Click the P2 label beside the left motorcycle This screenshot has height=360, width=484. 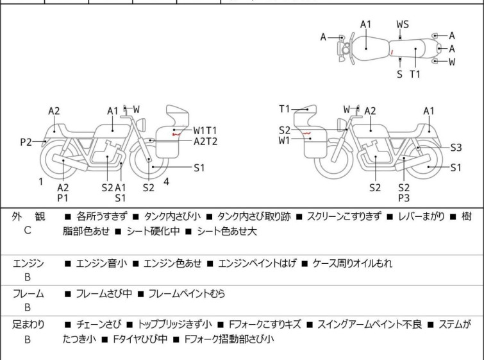click(26, 142)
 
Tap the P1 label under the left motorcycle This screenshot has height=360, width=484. click(63, 199)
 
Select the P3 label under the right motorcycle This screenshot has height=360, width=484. click(403, 199)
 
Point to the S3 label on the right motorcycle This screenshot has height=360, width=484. click(456, 148)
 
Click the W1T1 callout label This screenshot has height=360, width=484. click(206, 130)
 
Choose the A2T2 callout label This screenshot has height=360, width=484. click(206, 141)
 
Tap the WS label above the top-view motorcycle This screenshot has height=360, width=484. click(403, 24)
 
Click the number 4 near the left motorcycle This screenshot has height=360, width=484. click(167, 181)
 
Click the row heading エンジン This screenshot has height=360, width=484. click(29, 263)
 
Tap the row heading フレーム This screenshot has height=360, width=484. click(29, 294)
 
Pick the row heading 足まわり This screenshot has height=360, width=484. click(29, 325)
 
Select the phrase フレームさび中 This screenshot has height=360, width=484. click(104, 294)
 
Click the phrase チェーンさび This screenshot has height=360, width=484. click(97, 325)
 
